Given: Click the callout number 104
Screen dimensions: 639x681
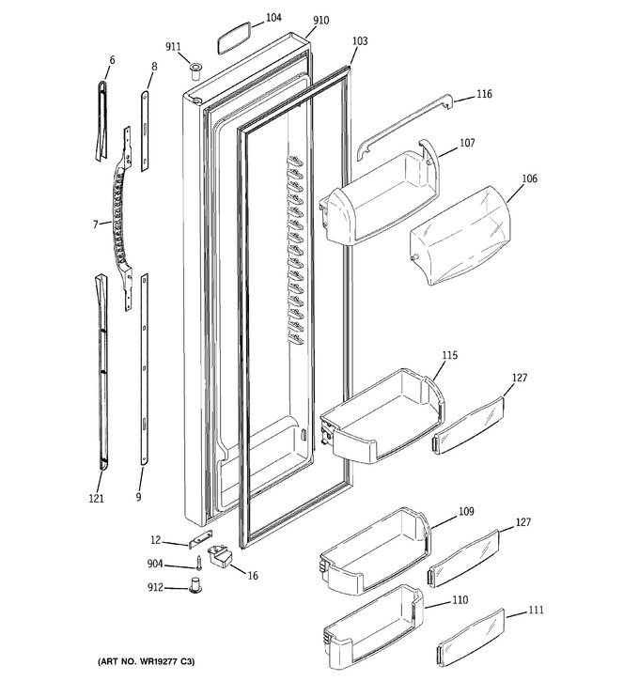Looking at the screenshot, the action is [x=273, y=18].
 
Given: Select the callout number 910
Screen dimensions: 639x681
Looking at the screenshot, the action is [x=320, y=21].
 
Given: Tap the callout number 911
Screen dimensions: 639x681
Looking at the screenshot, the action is [x=173, y=46].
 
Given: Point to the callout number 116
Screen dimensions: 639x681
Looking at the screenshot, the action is [x=484, y=94].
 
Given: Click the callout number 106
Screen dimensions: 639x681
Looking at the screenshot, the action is [x=529, y=178].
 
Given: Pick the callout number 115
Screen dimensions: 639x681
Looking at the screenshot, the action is [x=449, y=355].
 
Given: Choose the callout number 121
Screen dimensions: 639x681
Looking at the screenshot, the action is [x=97, y=498].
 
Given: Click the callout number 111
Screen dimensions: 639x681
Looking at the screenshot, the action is [x=536, y=611].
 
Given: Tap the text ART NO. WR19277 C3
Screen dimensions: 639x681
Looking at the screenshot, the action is [x=146, y=661].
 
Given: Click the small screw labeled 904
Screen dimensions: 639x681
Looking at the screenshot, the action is [x=200, y=563].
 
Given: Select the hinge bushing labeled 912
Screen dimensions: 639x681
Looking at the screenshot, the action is [x=195, y=584].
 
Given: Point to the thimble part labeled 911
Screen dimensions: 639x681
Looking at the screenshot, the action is [x=195, y=70].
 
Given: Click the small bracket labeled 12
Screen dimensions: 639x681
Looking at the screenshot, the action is [x=201, y=538].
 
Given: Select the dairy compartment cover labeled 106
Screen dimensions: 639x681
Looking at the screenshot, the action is [x=460, y=236].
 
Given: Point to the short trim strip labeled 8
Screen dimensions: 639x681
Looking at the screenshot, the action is [x=145, y=131].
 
